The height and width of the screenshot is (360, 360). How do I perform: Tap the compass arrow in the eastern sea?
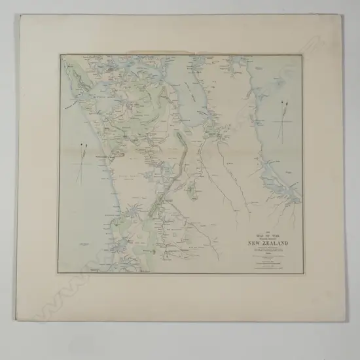283,117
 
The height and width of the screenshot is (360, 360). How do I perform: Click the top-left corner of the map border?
60,55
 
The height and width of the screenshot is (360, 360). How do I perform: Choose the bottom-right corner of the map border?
304,273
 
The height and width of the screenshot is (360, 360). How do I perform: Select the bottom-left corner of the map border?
58,274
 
